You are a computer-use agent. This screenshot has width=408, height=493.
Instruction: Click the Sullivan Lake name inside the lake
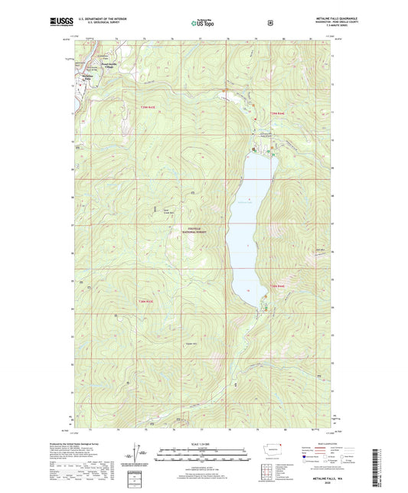[x=245, y=202]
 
